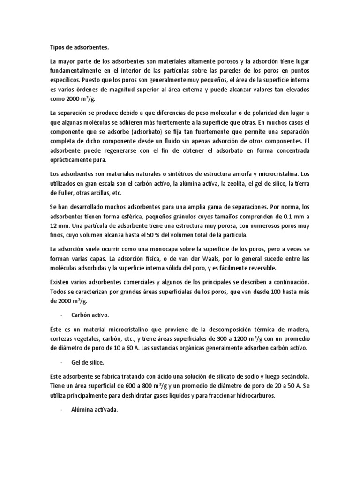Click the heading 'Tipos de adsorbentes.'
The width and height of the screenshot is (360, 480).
click(x=79, y=47)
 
